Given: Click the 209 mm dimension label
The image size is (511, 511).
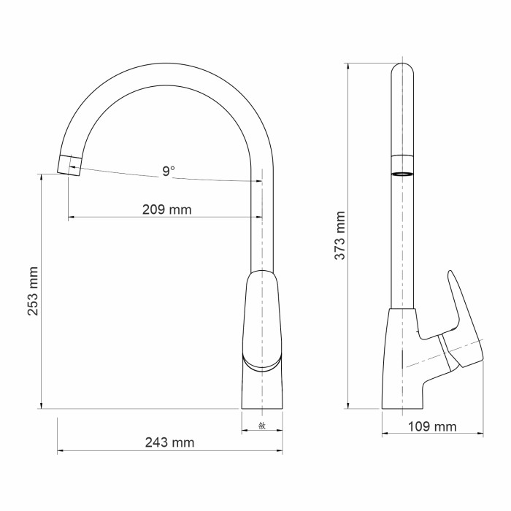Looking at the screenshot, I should (166, 210).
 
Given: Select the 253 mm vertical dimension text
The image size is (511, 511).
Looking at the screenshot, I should (33, 291).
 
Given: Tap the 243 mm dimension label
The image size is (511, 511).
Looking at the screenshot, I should (169, 442).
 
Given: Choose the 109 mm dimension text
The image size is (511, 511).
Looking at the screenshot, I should (432, 426).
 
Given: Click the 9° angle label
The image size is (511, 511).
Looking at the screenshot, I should (169, 172).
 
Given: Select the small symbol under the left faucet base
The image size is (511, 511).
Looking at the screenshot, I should (261, 426).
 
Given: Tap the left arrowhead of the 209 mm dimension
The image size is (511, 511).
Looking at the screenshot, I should (70, 218).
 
